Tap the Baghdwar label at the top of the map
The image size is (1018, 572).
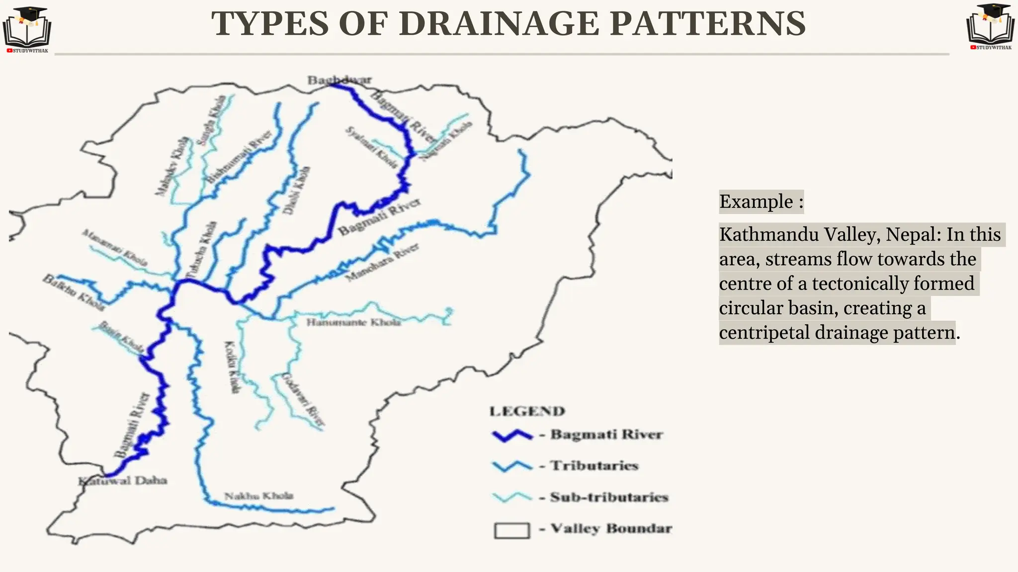pos(339,79)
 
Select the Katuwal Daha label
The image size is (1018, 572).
pos(123,481)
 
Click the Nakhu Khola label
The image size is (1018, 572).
pos(258,496)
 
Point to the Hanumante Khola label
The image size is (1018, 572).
pos(353,323)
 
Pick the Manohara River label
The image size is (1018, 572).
pos(382,263)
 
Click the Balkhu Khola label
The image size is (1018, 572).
pos(74,292)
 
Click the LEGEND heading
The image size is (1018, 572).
pos(527,411)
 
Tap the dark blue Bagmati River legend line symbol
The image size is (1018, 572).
pos(512,435)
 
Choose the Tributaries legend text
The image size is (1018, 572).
pos(594,466)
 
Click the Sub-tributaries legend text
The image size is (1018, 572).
pos(609,497)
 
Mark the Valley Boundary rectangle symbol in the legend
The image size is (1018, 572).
pos(511,530)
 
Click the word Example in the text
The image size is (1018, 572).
pos(756,202)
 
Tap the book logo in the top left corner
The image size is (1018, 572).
pos(27,29)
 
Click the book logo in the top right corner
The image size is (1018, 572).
pos(990,26)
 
